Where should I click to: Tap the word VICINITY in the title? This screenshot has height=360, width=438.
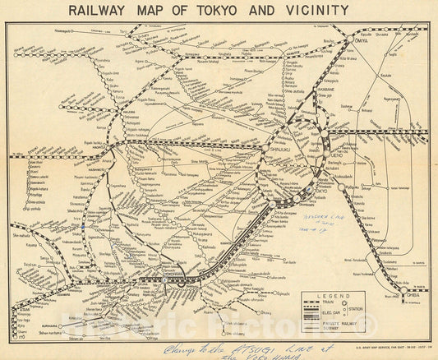pyautogui.click(x=315, y=11)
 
